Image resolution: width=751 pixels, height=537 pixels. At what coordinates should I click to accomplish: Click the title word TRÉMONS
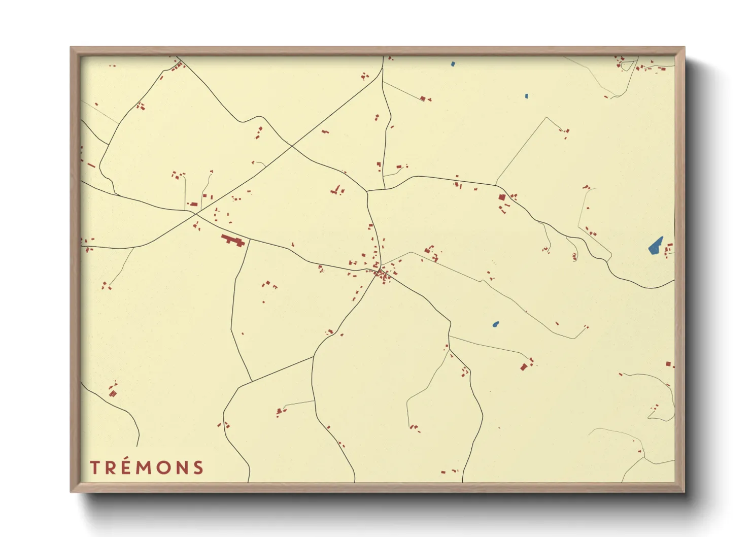coord(147,467)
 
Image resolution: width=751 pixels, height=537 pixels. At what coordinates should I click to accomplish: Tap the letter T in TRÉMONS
coord(94,467)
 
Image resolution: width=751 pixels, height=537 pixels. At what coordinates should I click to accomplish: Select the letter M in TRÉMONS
coord(146,467)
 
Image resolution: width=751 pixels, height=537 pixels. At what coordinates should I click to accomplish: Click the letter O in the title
coord(163,467)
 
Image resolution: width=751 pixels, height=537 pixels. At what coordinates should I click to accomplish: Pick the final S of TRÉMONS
coord(198,467)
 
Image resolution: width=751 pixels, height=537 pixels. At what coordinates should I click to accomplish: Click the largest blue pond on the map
coord(656,246)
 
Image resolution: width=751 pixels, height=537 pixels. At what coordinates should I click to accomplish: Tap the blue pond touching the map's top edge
coord(453,64)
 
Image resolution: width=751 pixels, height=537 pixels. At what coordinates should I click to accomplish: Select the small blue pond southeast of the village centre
coord(496,324)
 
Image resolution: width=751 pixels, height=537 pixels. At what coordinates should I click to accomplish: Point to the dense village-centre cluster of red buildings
coord(383,276)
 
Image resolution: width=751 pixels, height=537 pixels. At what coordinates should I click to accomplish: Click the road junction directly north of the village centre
coord(367,192)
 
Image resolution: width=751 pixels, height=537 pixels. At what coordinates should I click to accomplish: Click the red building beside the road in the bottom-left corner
coord(113,393)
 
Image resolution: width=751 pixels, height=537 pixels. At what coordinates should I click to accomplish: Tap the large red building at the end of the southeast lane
coord(524,367)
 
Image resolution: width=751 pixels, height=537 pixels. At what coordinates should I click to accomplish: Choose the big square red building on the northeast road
coord(502,197)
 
